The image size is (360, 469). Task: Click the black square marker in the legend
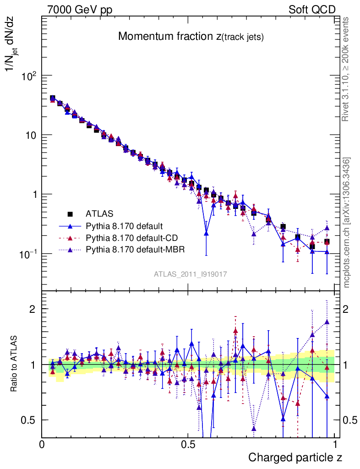[x=70, y=213]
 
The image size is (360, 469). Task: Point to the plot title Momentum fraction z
[x=191, y=37]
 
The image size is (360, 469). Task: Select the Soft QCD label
[x=312, y=10]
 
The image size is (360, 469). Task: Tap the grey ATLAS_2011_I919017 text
[x=191, y=274]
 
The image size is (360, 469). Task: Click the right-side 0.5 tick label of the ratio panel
[x=349, y=420]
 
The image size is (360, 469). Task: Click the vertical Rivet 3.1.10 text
[x=346, y=69]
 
